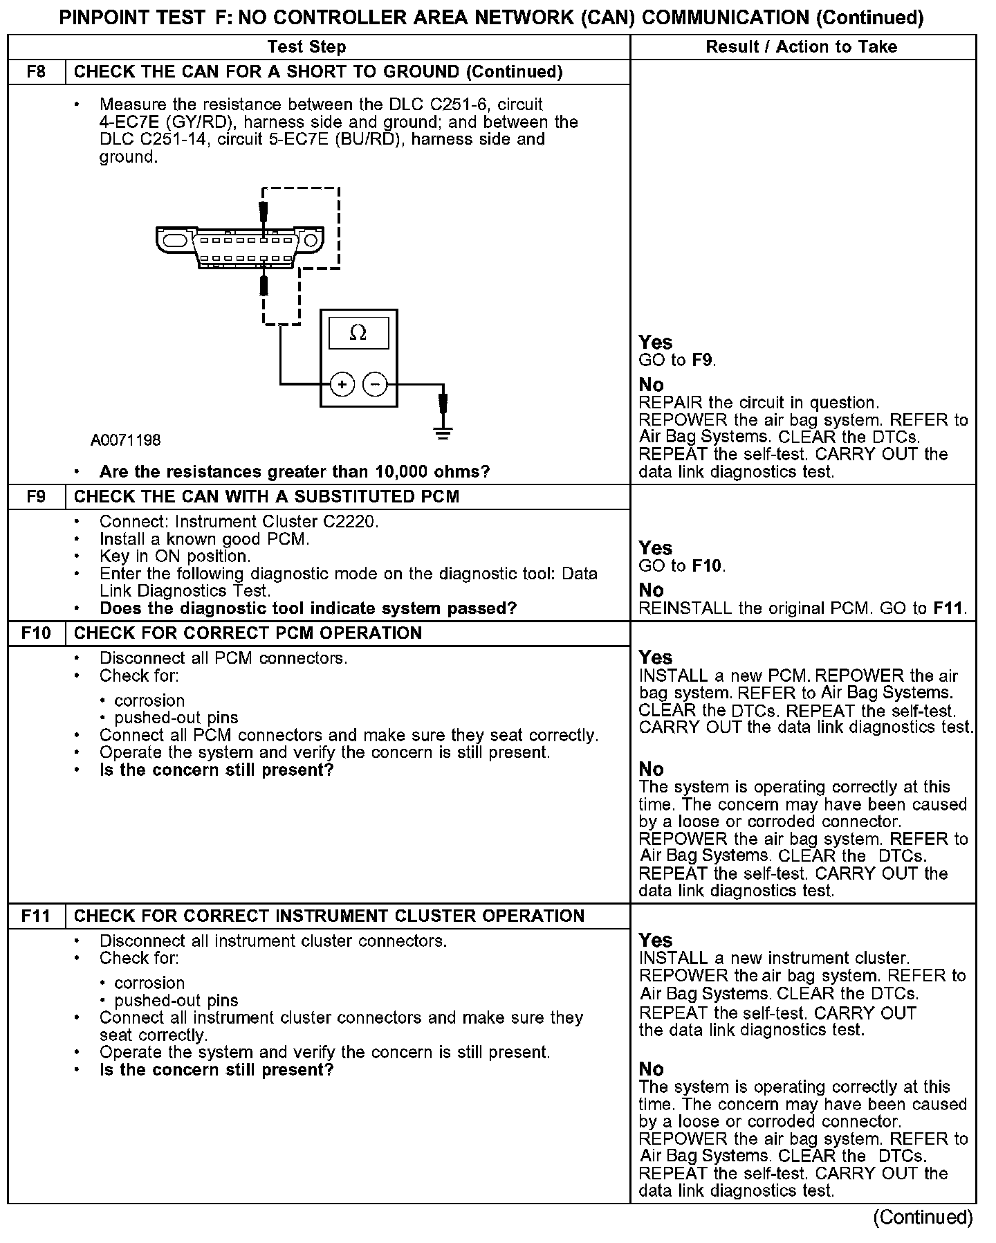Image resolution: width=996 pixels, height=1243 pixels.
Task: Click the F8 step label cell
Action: pos(36,72)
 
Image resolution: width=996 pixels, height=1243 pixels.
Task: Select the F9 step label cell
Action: pos(36,497)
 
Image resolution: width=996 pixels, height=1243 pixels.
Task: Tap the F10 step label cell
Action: pos(36,633)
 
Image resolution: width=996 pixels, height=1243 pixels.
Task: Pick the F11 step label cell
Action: pos(36,916)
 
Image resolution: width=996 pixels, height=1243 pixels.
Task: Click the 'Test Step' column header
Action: pos(306,47)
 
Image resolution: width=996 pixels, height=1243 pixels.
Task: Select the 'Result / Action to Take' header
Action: pos(802,47)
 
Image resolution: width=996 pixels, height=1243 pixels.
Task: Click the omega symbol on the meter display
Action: pos(358,334)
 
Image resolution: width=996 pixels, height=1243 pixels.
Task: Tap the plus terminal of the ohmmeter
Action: pos(342,383)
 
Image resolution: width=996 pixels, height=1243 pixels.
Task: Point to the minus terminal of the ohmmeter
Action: pos(375,383)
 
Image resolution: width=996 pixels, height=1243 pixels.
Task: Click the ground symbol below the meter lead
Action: pos(443,434)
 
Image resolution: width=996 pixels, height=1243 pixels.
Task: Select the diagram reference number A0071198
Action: pos(125,440)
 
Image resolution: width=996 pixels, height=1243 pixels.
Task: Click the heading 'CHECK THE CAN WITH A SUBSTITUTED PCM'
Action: pos(266,497)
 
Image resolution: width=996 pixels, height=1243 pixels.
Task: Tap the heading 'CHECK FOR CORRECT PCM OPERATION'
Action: pos(248,633)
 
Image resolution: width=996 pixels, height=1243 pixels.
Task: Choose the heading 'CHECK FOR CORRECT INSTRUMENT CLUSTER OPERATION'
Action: pos(329,916)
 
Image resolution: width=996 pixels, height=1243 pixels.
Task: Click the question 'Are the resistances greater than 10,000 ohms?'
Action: pos(295,472)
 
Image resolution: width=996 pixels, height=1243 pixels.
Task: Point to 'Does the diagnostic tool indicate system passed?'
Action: pos(308,608)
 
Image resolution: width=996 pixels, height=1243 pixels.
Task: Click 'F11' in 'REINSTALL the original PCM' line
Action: pos(948,608)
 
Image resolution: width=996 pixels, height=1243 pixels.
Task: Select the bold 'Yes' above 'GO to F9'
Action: pos(655,342)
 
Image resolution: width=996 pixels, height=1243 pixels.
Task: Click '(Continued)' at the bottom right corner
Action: pos(923,1217)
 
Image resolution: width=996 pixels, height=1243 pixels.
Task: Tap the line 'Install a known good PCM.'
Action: pos(204,538)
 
